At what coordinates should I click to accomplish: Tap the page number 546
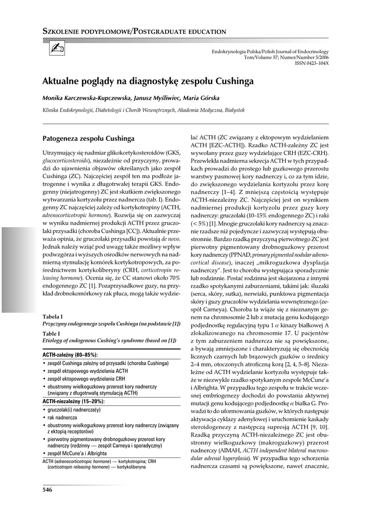click(48, 490)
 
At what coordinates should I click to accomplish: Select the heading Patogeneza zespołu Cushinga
click(88, 138)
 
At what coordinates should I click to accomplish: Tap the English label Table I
click(52, 334)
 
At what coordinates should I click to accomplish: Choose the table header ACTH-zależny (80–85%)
click(70, 354)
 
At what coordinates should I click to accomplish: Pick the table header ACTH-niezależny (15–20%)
click(74, 401)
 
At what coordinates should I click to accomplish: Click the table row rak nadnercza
click(62, 418)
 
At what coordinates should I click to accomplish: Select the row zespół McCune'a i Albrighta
click(77, 453)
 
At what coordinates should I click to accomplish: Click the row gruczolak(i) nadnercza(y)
click(74, 410)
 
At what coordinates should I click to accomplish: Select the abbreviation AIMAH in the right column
click(231, 450)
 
